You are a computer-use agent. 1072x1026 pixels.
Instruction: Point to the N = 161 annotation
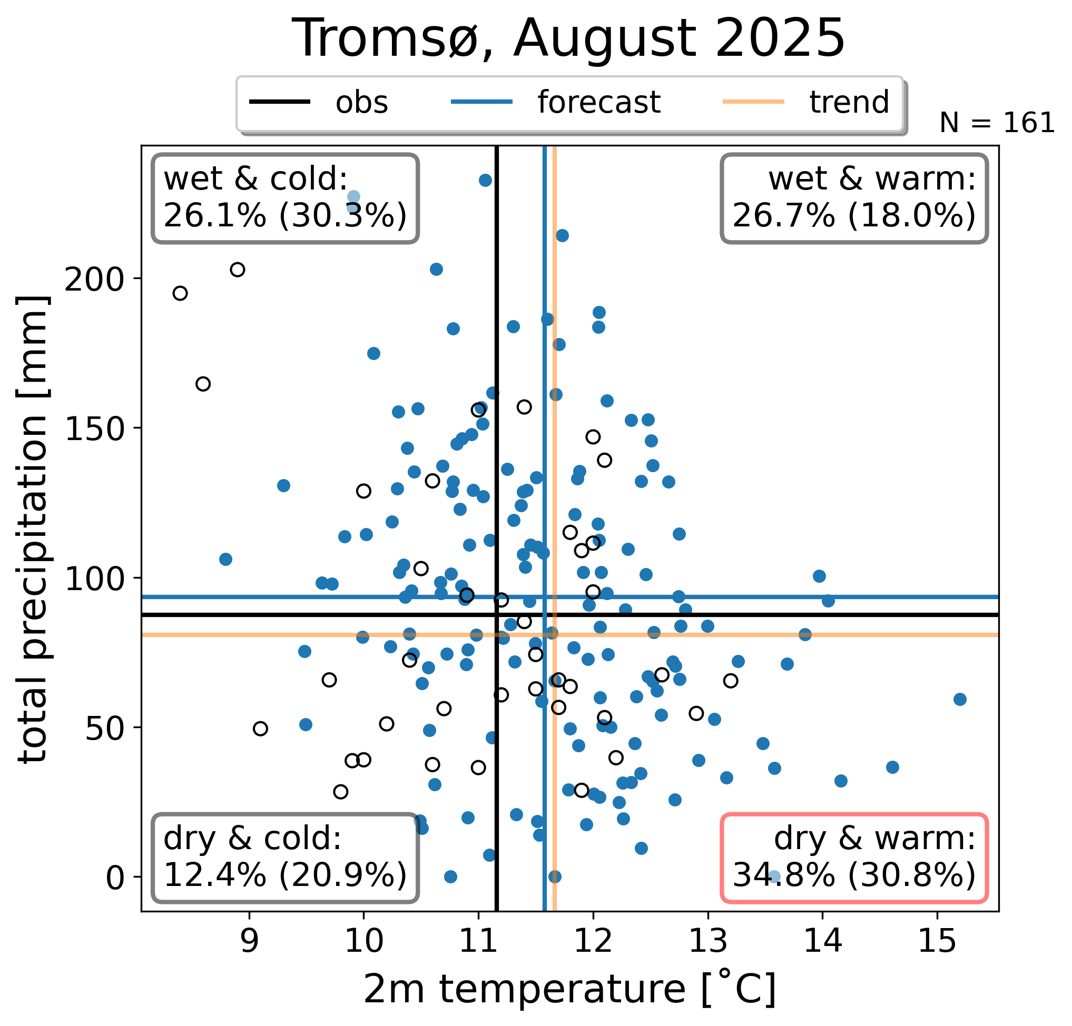coord(997,123)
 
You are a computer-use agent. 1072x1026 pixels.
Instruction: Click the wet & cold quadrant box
coord(285,198)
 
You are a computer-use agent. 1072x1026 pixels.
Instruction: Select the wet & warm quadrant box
coord(854,198)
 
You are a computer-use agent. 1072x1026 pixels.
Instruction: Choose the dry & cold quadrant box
coord(285,858)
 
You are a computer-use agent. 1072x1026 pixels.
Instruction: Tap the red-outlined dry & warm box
coord(854,858)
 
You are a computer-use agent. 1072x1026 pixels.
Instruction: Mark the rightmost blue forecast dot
coord(960,699)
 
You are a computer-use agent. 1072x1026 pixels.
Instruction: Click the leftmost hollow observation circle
coord(180,294)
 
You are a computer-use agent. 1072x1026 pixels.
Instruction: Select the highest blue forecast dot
coord(485,181)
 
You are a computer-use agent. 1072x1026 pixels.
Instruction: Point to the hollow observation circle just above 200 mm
coord(238,270)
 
